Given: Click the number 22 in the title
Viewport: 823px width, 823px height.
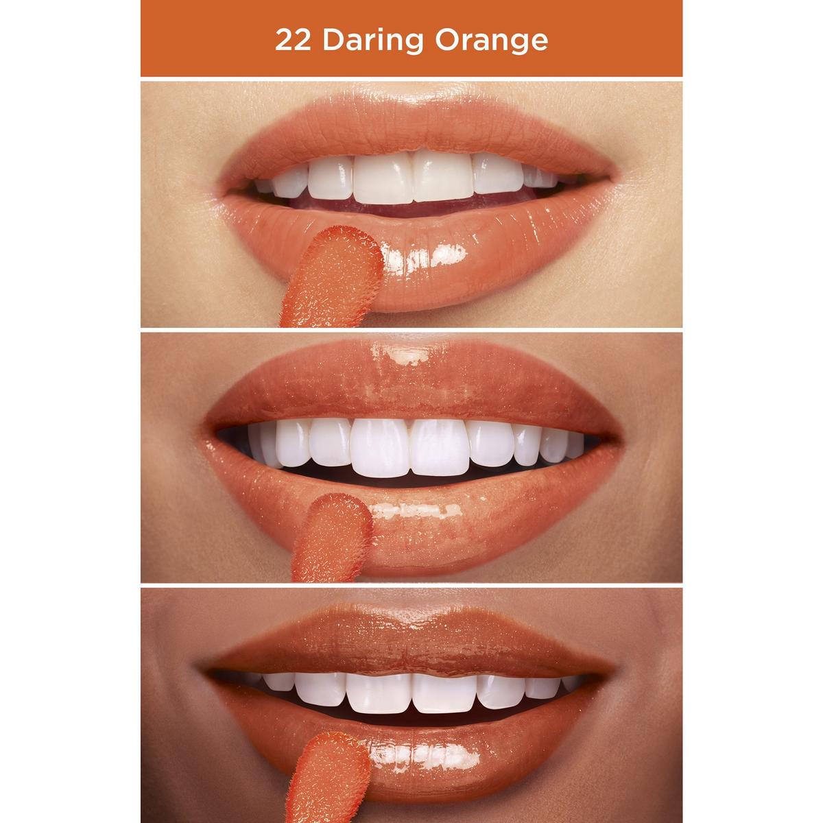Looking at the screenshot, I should click(290, 40).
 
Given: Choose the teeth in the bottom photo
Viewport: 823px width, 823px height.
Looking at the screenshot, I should click(411, 689).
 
